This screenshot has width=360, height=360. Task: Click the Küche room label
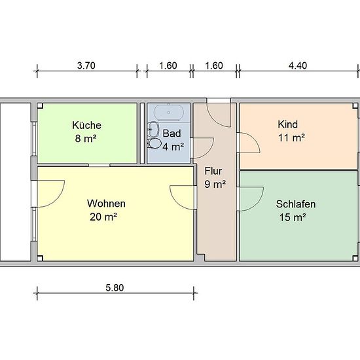[x=86, y=126]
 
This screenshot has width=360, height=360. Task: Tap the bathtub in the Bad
[x=169, y=113]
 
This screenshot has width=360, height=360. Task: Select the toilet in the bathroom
[x=154, y=143]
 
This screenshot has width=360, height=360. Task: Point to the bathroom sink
[x=154, y=129]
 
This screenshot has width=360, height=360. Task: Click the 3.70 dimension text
[x=86, y=65]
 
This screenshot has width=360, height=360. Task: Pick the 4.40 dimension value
[x=298, y=65]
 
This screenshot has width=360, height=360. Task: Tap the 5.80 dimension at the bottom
[x=115, y=288]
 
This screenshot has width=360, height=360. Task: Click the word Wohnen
[x=106, y=204]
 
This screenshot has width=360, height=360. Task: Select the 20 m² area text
[x=103, y=217]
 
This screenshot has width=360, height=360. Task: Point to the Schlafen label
[x=296, y=204]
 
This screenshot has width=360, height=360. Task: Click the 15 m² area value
[x=293, y=217]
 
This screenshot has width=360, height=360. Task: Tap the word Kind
[x=288, y=124]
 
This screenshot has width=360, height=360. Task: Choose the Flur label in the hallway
[x=213, y=171]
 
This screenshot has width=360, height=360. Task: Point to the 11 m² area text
[x=291, y=137]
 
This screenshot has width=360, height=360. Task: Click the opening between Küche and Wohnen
[x=99, y=166]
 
